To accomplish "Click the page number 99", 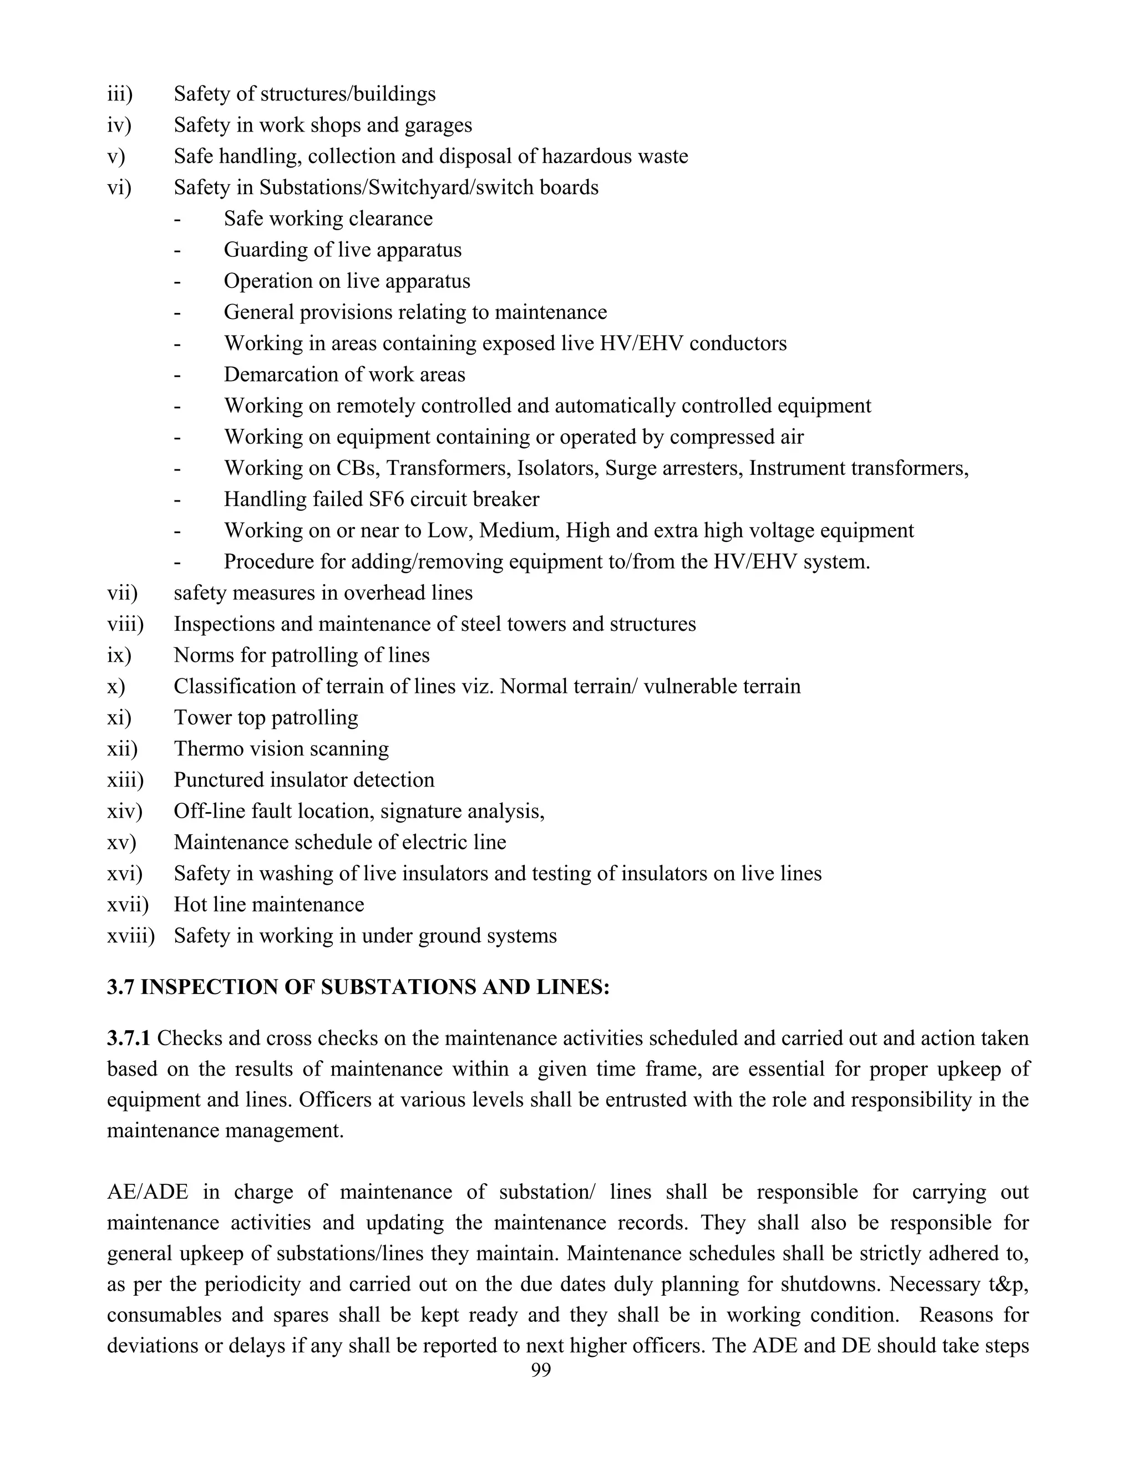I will (540, 1370).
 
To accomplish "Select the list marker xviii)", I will (130, 936).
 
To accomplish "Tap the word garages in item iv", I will (438, 125).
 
